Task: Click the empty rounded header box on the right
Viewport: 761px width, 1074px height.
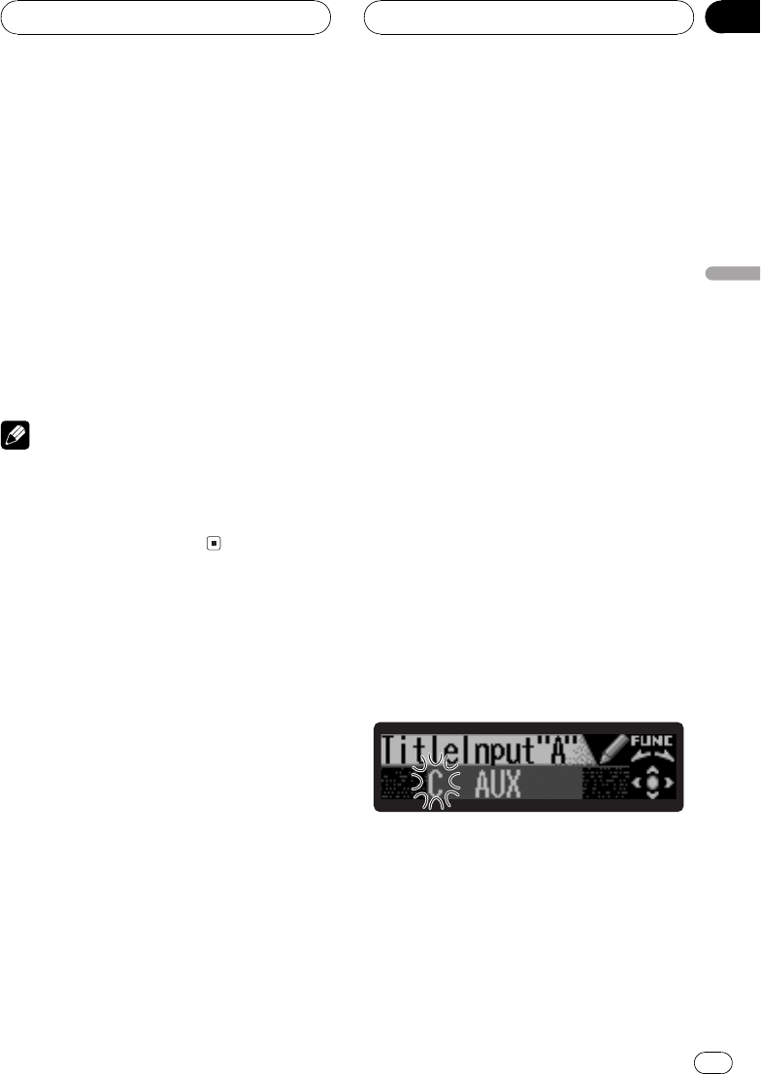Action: click(528, 17)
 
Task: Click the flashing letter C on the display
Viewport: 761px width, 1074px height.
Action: click(438, 782)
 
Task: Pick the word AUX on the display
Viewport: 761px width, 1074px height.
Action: click(497, 783)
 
